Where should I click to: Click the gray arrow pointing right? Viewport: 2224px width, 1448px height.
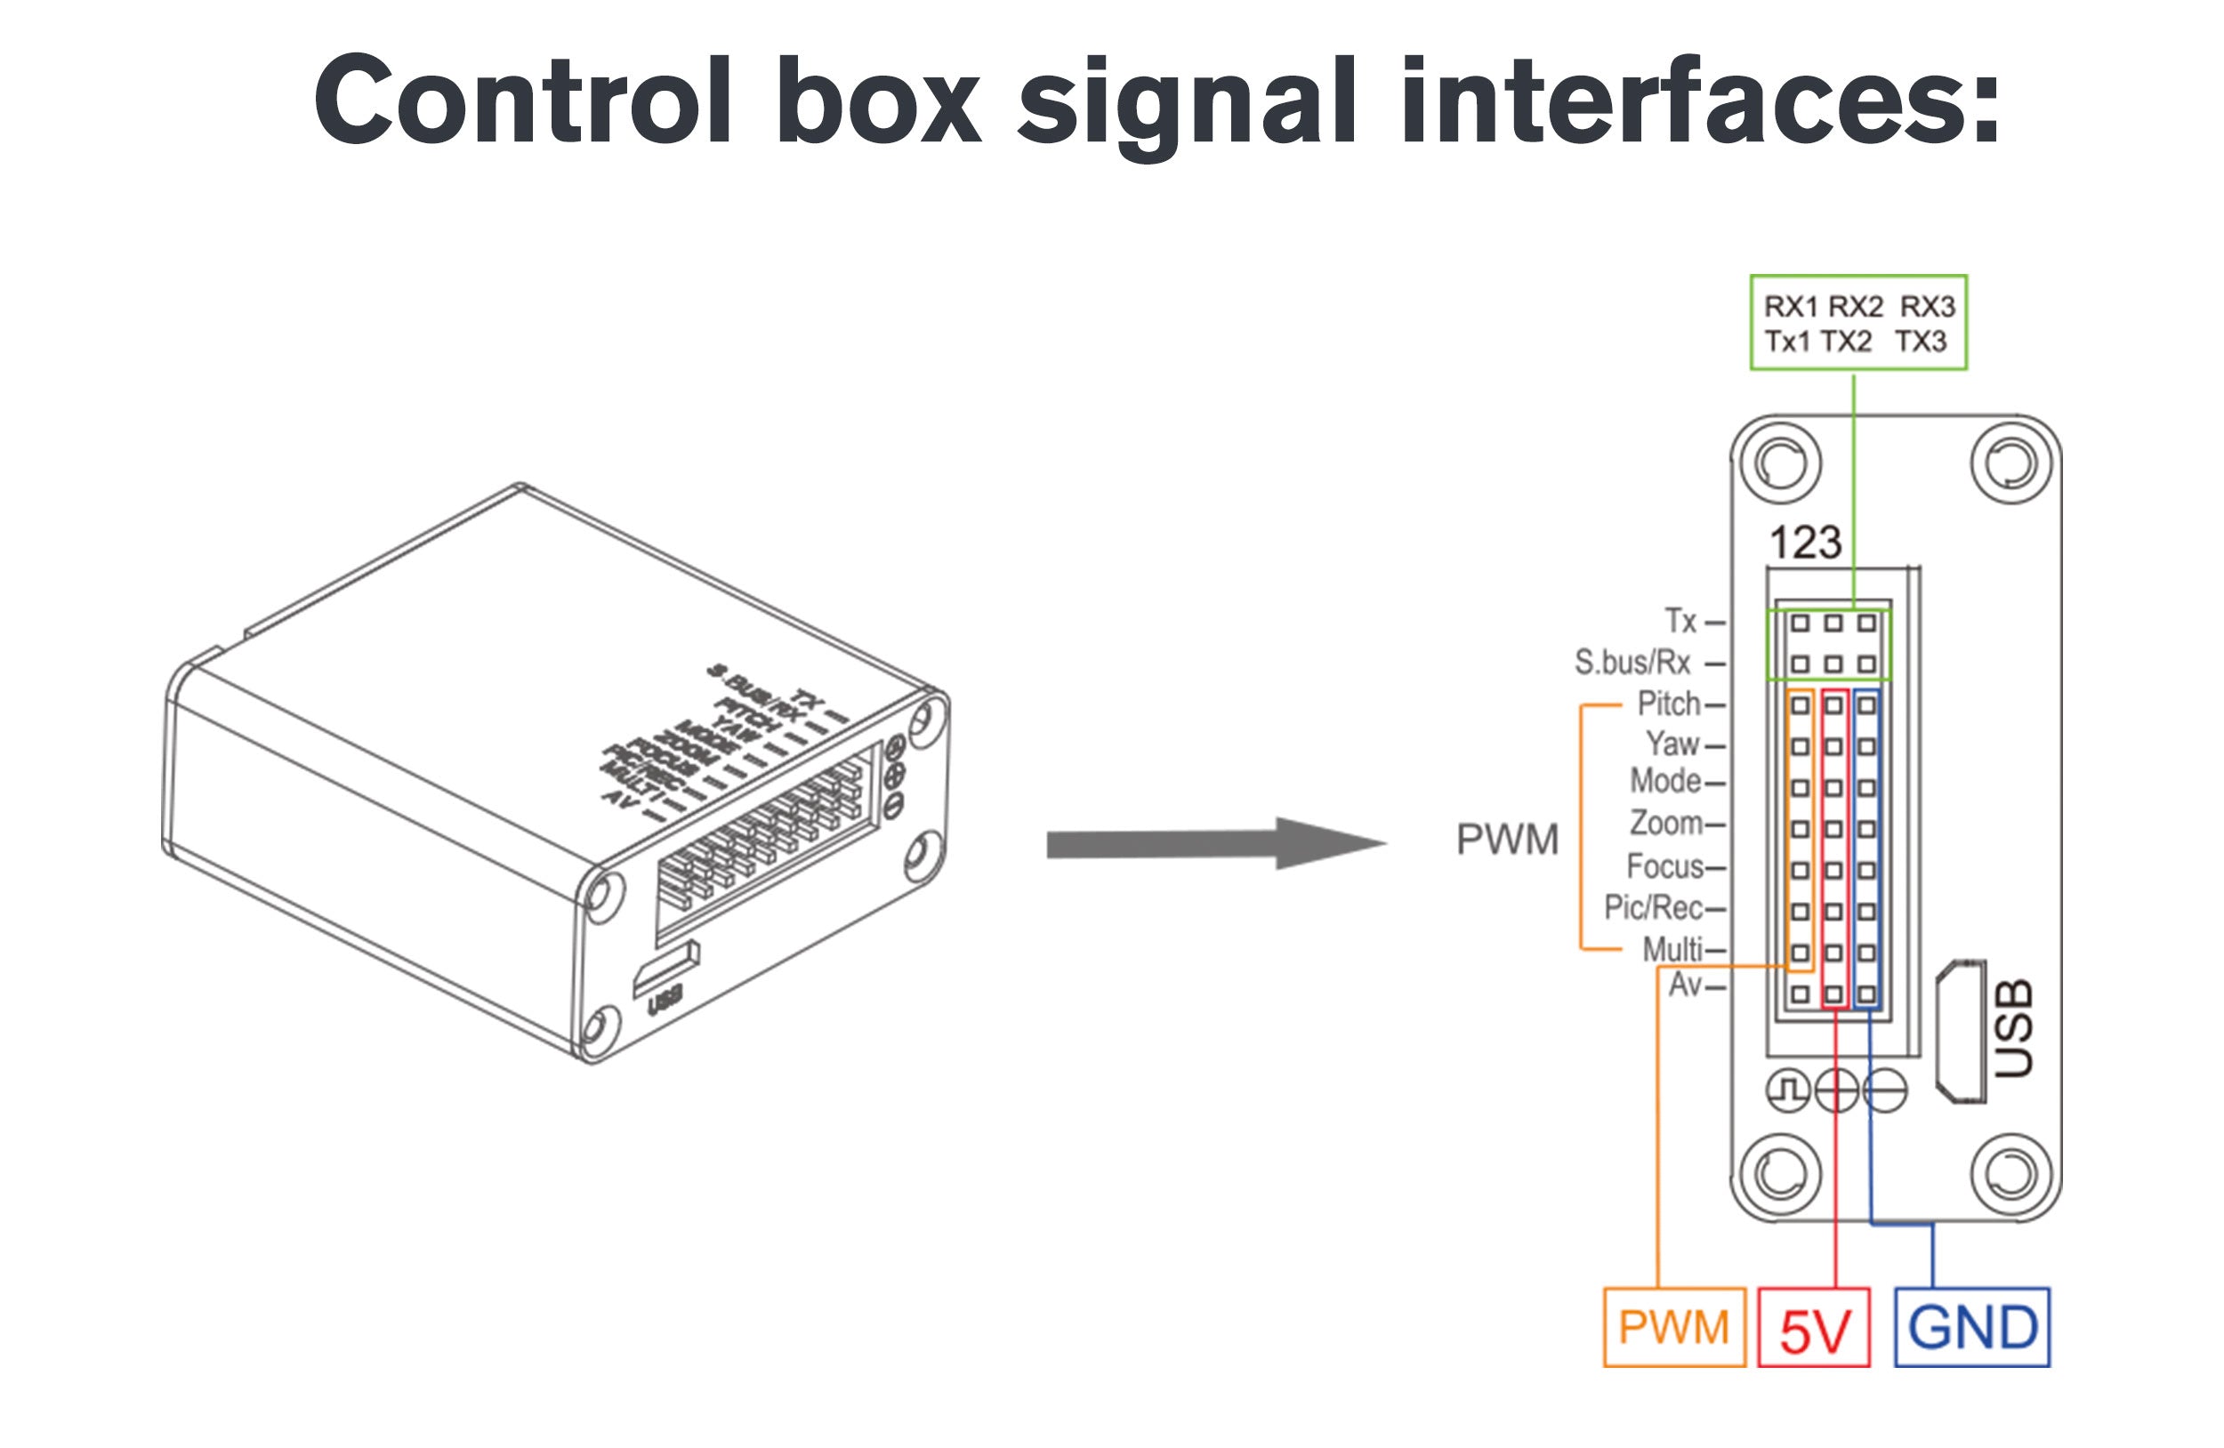[x=1215, y=843]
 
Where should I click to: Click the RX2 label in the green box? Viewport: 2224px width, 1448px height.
[x=1855, y=307]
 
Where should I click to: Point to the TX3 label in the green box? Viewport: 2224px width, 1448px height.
[x=1922, y=342]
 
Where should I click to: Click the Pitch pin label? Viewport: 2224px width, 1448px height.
[x=1669, y=704]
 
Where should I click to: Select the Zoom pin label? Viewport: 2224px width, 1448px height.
[x=1666, y=823]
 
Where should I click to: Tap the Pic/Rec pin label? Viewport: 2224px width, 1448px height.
[x=1653, y=907]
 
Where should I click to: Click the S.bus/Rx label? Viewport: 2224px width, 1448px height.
[x=1632, y=663]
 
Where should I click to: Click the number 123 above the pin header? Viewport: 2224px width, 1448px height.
[x=1805, y=543]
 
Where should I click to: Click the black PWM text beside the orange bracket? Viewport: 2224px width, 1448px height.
[x=1507, y=840]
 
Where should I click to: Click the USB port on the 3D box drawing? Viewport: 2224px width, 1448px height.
[x=665, y=969]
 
